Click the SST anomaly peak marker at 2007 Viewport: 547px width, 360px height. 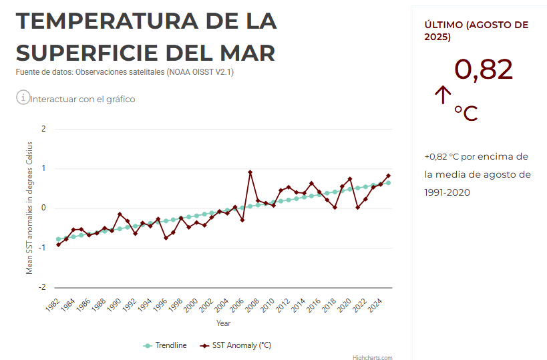tap(250, 172)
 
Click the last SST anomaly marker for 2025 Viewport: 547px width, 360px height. tap(388, 176)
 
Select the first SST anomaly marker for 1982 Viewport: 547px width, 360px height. tap(58, 244)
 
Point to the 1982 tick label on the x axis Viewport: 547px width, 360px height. tap(53, 305)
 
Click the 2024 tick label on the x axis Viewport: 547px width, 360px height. tap(375, 305)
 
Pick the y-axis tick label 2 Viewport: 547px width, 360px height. tap(43, 129)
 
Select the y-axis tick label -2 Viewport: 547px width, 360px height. tap(41, 288)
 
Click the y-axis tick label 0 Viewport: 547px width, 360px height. tap(43, 208)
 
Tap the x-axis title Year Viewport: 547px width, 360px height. tap(224, 323)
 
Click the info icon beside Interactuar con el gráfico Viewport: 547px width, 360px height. tap(23, 98)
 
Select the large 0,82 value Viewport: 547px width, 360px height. tap(484, 70)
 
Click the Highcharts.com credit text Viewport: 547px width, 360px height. tap(373, 357)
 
